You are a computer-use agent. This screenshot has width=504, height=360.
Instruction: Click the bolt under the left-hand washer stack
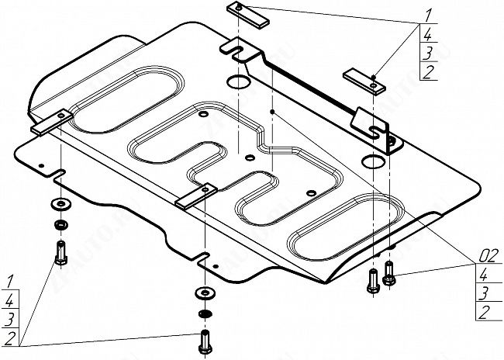(x=60, y=251)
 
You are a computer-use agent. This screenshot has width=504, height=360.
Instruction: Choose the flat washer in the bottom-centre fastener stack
(x=204, y=293)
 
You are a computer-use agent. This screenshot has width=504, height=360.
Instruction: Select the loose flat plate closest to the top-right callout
(x=364, y=78)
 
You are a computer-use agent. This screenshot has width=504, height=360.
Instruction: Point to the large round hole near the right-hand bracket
(x=372, y=163)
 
